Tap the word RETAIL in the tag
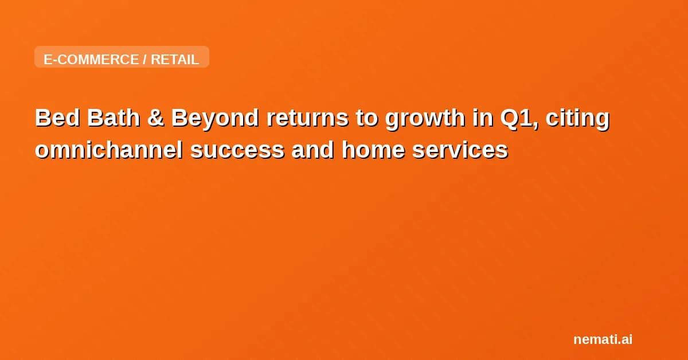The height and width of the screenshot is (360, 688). coord(175,59)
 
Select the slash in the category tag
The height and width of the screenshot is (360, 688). coord(144,59)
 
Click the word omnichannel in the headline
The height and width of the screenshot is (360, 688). coord(109,150)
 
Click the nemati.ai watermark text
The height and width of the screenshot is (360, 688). coord(603,339)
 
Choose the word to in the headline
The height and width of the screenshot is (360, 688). coord(368,119)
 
